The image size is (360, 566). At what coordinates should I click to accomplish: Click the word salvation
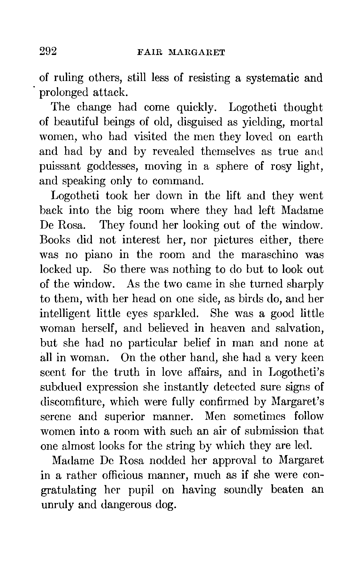tap(299, 328)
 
